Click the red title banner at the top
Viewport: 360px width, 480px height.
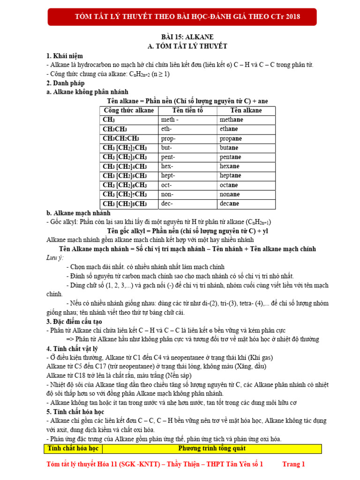click(187, 17)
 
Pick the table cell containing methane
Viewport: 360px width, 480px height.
click(246, 120)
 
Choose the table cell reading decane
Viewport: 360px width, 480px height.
click(246, 204)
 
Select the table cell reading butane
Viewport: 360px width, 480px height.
click(246, 148)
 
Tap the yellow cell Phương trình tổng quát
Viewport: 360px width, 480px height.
click(212, 449)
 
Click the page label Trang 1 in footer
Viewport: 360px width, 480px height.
click(293, 465)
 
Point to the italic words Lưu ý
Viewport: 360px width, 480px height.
click(54, 258)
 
